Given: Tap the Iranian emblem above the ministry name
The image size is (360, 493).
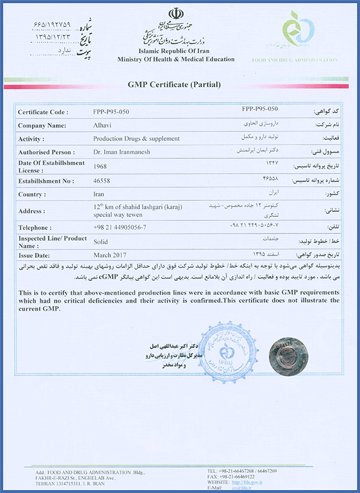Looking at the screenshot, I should click(x=175, y=15).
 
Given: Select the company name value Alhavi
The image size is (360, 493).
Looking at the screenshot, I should click(x=102, y=125).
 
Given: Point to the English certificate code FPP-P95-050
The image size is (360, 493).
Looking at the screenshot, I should click(x=111, y=112).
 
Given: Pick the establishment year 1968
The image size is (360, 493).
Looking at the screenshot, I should click(x=100, y=166).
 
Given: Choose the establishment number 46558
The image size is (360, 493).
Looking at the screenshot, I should click(x=102, y=182).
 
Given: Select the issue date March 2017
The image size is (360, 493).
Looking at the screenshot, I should click(x=110, y=255).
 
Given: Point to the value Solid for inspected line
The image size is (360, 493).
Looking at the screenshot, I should click(x=100, y=242).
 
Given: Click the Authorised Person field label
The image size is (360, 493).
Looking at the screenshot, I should click(x=46, y=152).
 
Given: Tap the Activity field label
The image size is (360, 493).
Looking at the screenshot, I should click(x=31, y=138).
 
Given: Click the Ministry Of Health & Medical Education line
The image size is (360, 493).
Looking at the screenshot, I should click(x=176, y=59).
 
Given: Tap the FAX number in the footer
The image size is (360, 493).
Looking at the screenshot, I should click(x=245, y=476).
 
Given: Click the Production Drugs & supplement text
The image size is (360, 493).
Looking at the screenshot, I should click(x=136, y=138).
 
